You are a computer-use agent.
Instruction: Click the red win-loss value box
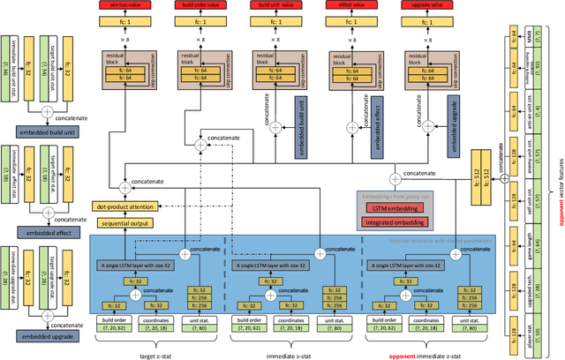coord(154,4)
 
